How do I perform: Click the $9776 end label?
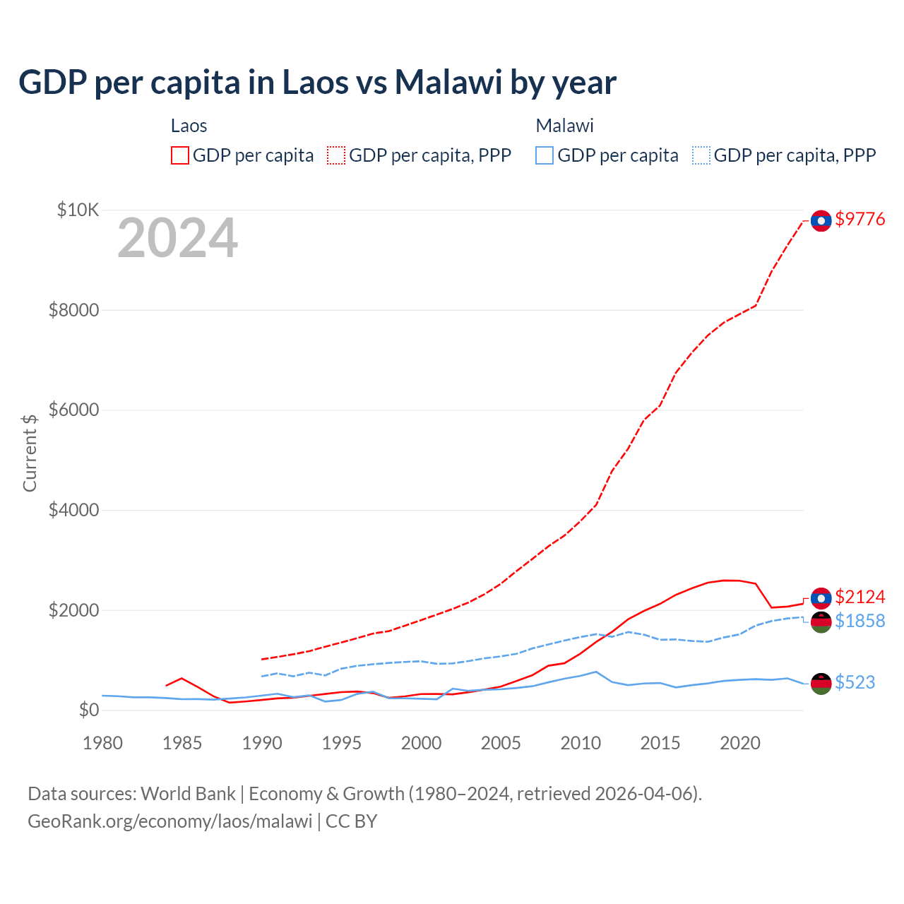coord(860,220)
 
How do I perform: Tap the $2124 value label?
coord(860,597)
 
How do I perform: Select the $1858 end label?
coord(860,621)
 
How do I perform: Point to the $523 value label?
coord(855,682)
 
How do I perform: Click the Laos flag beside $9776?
coord(821,221)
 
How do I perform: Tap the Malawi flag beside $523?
coord(821,683)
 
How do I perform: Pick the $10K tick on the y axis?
coord(78,210)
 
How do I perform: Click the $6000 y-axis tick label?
coord(73,410)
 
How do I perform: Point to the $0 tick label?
coord(88,710)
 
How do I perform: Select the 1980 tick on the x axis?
coord(103,743)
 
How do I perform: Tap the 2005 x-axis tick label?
coord(501,743)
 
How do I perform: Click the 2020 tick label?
coord(739,743)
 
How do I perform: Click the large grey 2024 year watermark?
coord(177,239)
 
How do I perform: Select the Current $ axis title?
coord(30,453)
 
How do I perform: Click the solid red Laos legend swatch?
coord(180,155)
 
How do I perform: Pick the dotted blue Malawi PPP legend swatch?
coord(701,155)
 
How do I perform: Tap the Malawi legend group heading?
coord(564,126)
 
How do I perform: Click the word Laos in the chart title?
coord(316,83)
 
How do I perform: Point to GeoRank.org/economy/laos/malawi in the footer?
coord(169,821)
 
